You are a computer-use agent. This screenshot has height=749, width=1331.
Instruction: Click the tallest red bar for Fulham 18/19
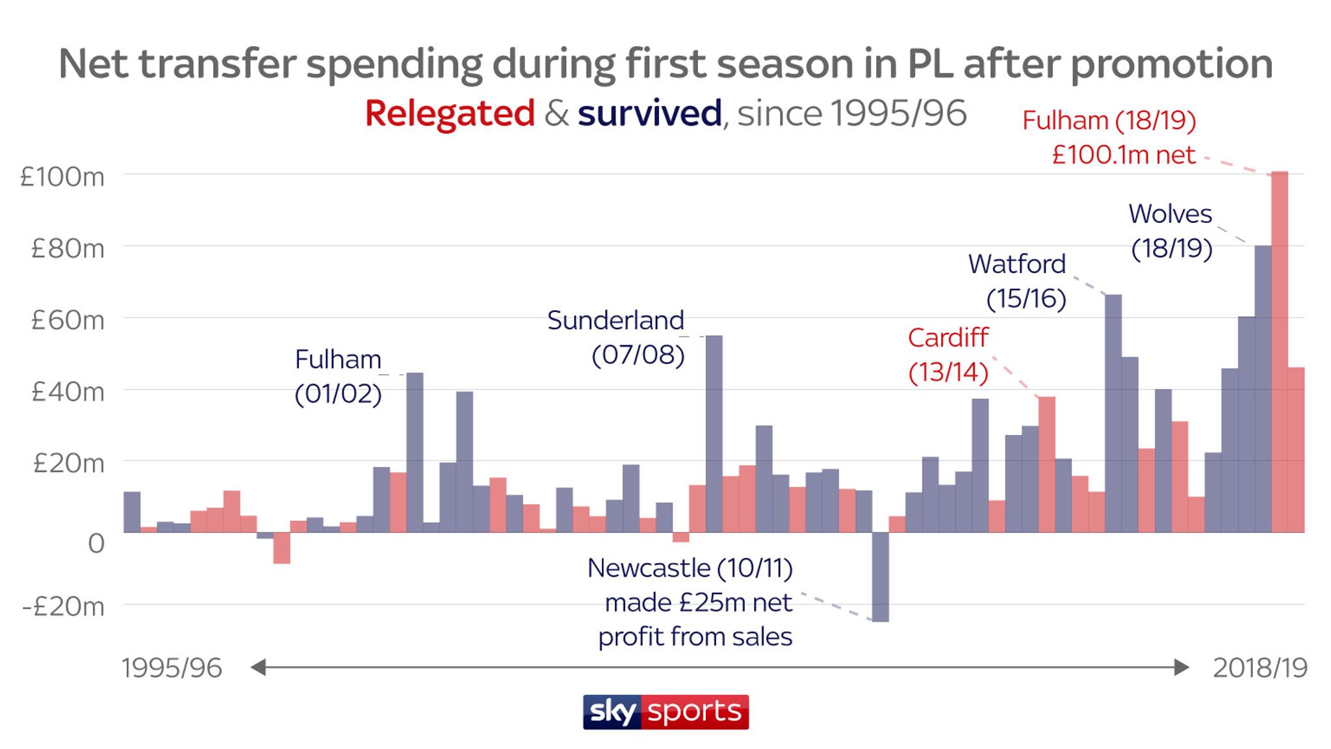tap(1279, 351)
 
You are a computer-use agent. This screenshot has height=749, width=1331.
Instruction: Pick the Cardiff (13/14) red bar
tap(1046, 464)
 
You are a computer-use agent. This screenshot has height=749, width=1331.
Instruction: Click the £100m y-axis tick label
tap(62, 177)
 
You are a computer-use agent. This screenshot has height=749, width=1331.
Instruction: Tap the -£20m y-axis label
tap(63, 607)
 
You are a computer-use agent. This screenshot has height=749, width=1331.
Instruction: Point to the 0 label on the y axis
tap(96, 543)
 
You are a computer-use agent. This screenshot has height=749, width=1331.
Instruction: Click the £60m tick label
tap(68, 320)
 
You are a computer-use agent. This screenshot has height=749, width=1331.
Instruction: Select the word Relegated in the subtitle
tap(450, 113)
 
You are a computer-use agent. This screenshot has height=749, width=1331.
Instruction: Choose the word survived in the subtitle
tap(649, 113)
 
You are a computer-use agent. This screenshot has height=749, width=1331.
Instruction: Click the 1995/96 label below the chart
tap(172, 668)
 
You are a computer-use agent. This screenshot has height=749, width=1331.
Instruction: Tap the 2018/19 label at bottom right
tap(1260, 668)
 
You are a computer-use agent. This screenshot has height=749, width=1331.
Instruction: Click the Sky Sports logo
tap(665, 712)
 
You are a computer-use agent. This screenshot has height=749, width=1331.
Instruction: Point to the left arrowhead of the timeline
tap(259, 667)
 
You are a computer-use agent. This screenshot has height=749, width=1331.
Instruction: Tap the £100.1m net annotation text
tap(1123, 155)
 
